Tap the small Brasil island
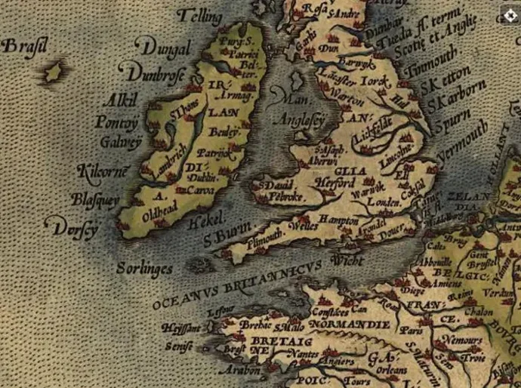point(54,72)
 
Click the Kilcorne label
point(103,172)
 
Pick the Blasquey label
point(94,199)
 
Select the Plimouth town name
point(265,235)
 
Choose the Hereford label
point(334,183)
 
